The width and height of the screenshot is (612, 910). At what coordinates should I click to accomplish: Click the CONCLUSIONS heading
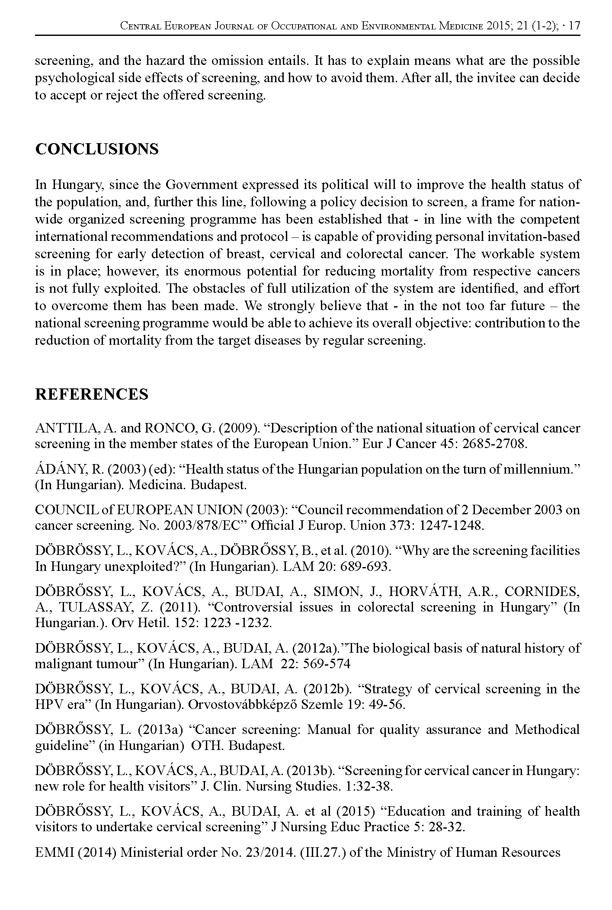coord(97,149)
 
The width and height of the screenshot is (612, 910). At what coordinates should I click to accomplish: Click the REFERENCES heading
coord(92,394)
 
